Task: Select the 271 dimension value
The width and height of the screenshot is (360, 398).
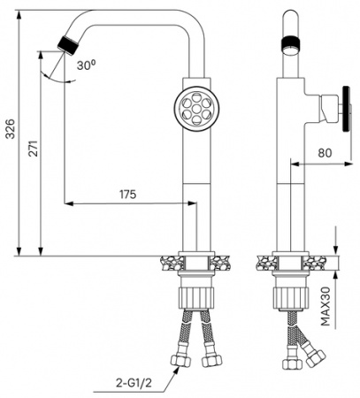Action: click(32, 150)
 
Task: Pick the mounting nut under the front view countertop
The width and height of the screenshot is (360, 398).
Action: click(195, 295)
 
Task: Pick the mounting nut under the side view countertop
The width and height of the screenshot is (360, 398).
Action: click(288, 295)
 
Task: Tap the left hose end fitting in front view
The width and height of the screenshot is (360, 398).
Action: click(179, 362)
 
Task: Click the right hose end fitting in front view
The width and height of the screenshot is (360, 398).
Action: click(211, 359)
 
